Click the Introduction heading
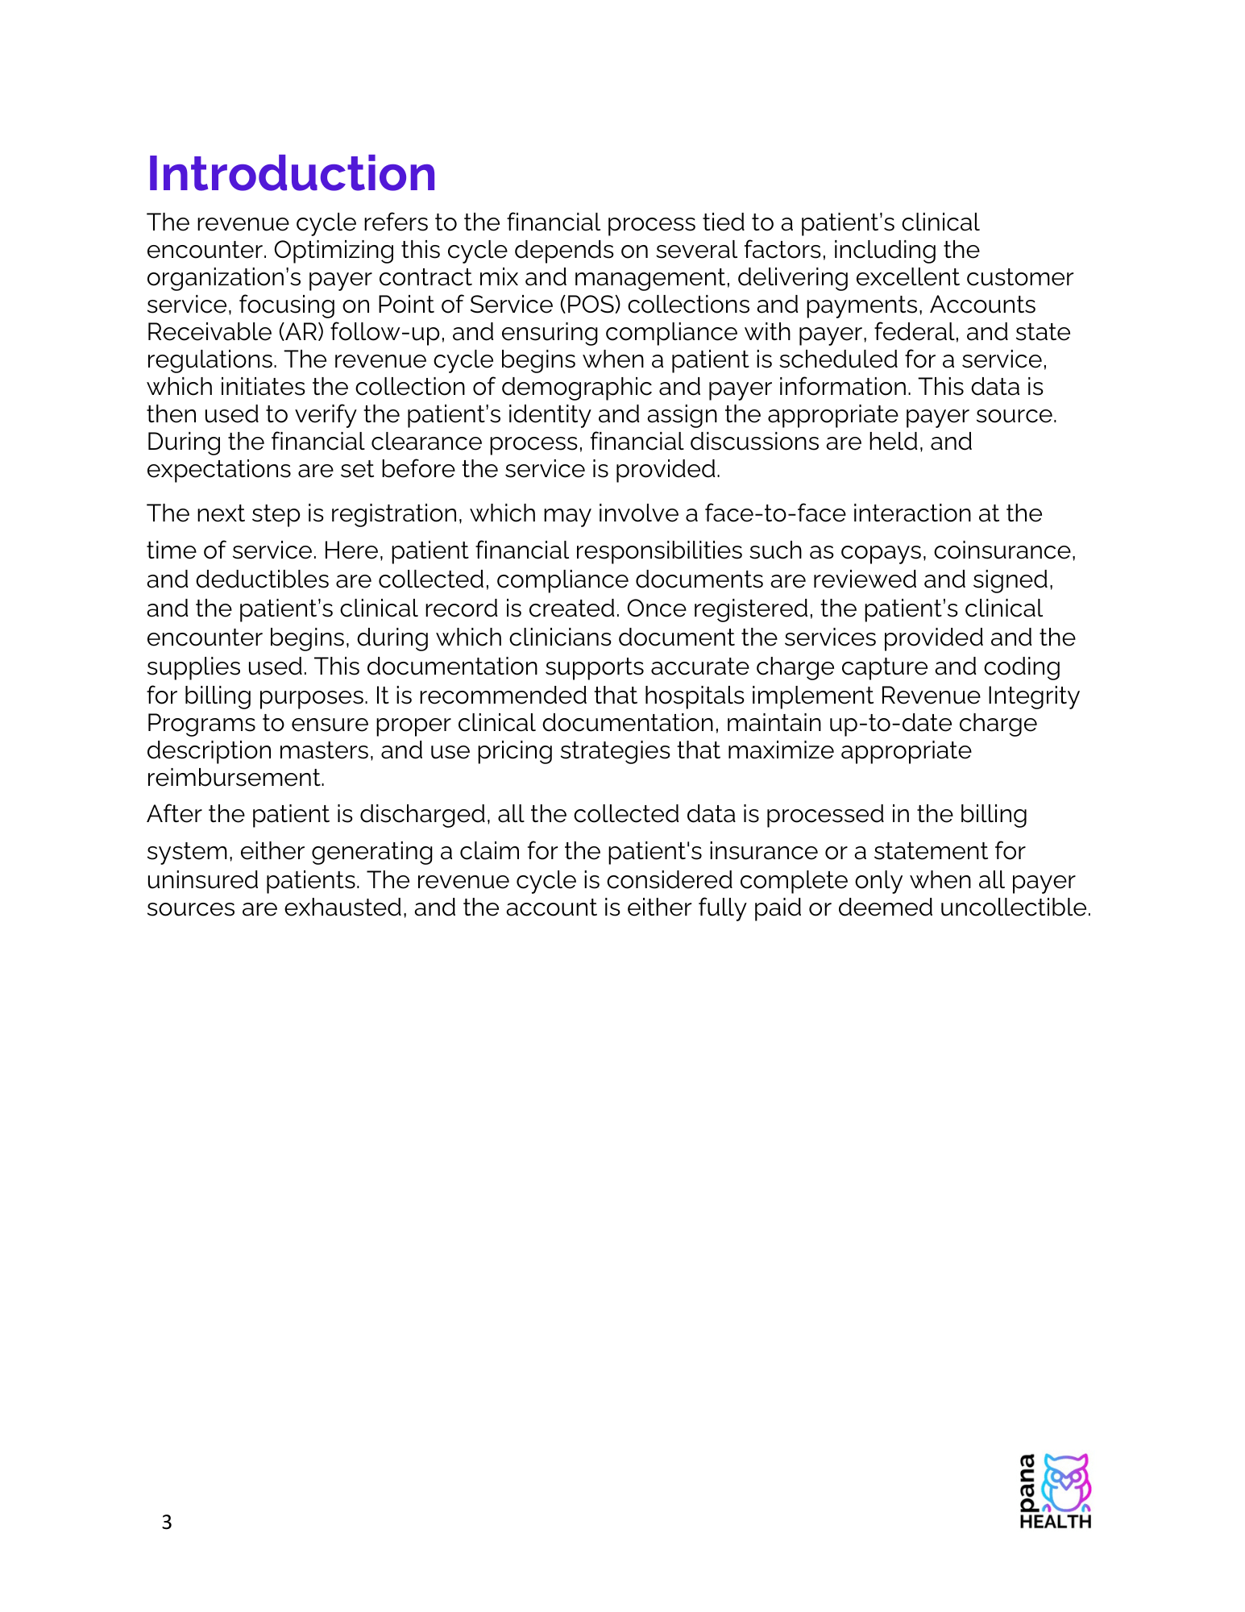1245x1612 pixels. (x=291, y=174)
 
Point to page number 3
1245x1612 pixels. (x=167, y=1523)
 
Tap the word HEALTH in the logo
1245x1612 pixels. (x=1055, y=1522)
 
